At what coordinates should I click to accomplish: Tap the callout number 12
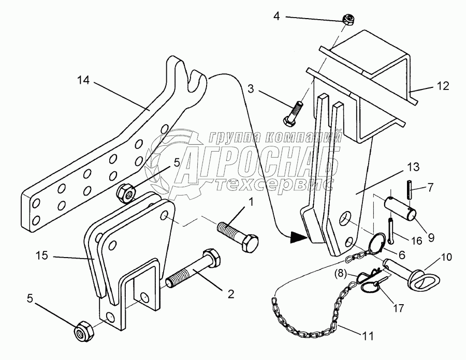point(444,85)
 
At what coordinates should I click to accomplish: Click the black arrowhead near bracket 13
point(298,238)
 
